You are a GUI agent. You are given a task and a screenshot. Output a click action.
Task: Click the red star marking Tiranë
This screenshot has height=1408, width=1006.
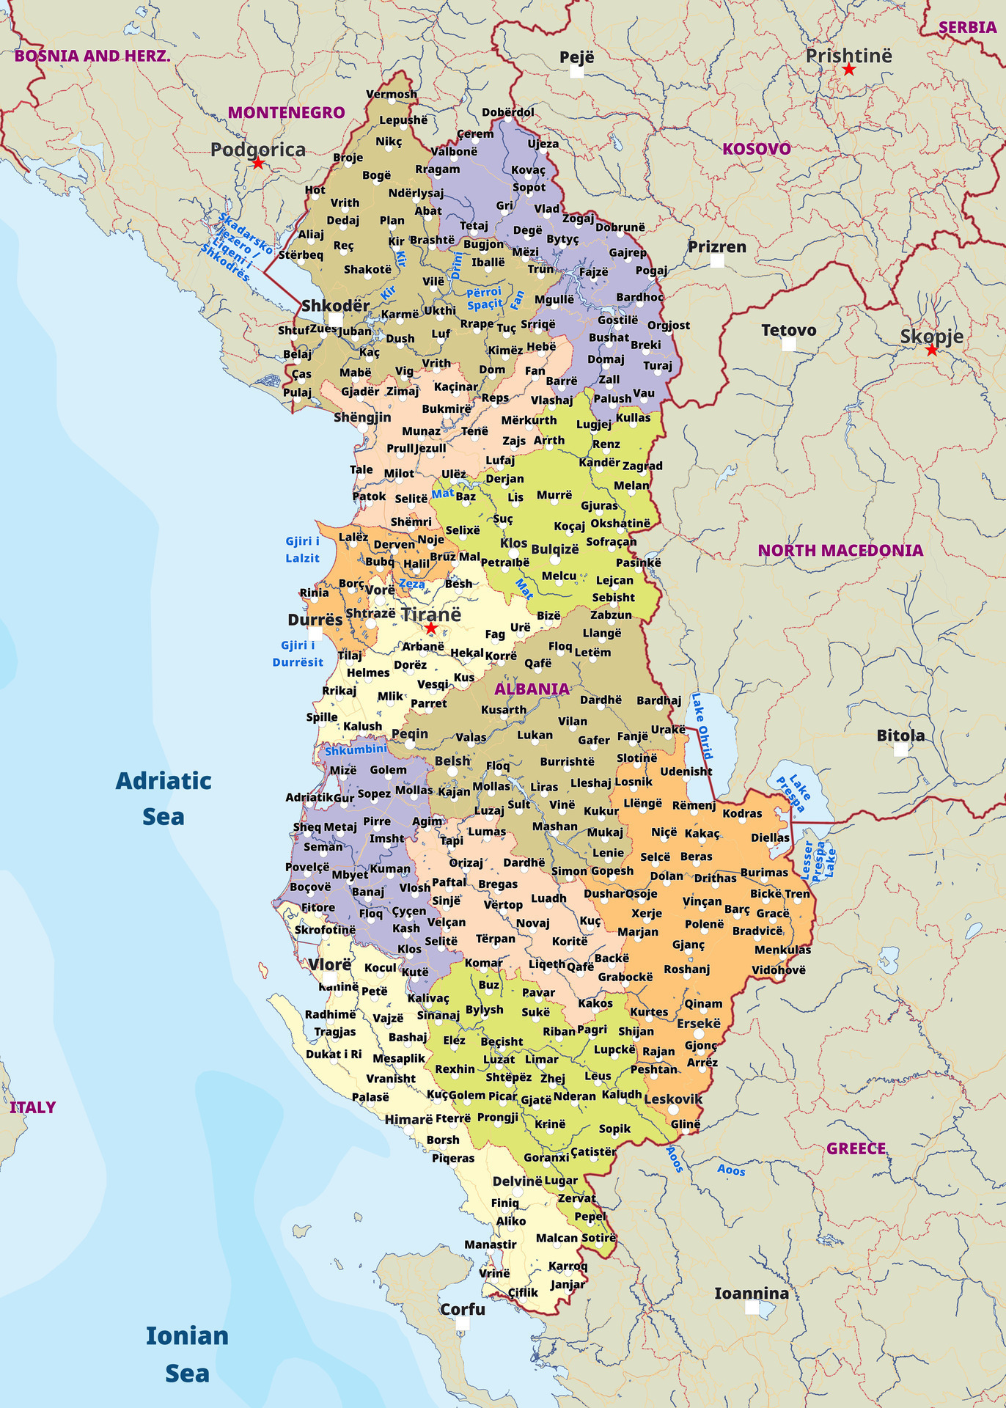click(431, 628)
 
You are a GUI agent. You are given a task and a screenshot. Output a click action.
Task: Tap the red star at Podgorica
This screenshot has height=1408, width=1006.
click(258, 163)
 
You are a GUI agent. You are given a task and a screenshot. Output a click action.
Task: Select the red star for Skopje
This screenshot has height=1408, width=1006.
click(931, 351)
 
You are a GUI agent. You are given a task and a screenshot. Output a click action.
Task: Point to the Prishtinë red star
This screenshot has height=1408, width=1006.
click(849, 70)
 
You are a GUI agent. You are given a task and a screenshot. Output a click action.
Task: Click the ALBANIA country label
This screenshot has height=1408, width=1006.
click(532, 689)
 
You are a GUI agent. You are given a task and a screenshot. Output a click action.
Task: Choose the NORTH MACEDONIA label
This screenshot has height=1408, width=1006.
click(840, 550)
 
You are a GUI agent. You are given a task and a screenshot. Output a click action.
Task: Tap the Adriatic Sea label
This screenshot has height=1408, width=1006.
click(164, 798)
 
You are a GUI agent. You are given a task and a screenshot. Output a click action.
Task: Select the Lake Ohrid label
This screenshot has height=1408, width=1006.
click(702, 725)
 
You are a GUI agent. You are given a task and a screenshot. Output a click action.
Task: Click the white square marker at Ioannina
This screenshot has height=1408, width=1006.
click(752, 1308)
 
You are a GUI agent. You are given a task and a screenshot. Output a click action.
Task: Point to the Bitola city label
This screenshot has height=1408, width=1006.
click(900, 736)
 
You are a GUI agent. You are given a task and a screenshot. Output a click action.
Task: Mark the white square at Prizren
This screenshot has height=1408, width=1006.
click(717, 260)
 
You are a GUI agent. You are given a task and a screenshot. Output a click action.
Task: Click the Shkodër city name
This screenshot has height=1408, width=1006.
click(336, 305)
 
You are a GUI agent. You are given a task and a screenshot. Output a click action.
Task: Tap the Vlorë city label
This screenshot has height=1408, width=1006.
click(330, 964)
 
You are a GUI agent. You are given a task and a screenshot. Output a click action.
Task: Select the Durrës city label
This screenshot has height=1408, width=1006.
click(315, 620)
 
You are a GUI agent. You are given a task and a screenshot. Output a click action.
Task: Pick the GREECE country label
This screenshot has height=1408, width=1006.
click(856, 1148)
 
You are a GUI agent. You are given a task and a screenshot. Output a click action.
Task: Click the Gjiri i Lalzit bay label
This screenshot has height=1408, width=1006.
click(303, 549)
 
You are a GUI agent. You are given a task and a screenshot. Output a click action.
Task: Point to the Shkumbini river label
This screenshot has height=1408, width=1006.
click(356, 749)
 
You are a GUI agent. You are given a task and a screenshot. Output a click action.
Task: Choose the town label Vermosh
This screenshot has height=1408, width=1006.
click(392, 94)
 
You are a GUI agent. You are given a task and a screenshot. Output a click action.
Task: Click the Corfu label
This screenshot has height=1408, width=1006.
click(463, 1309)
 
